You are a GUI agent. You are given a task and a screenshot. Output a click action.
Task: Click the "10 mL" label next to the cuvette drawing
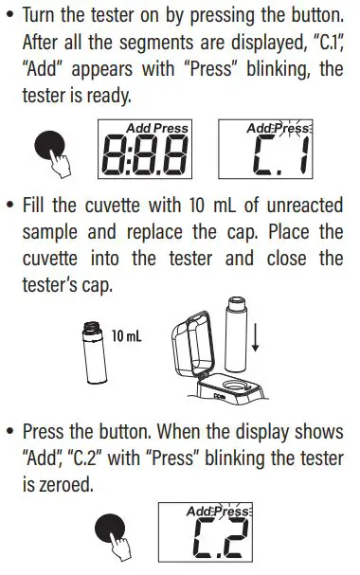click(x=126, y=335)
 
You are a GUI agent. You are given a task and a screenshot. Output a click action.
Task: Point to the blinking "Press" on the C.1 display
click(x=293, y=128)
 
